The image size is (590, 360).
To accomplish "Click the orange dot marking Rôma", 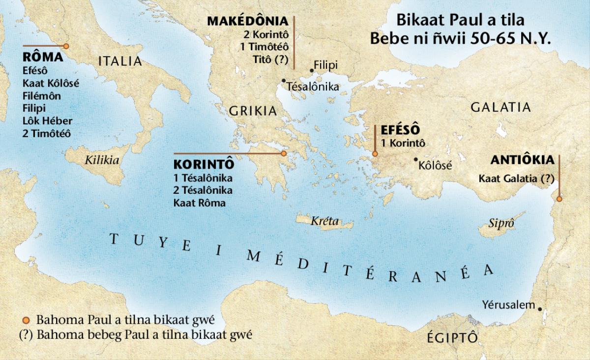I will point(66,46).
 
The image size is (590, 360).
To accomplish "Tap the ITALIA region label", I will point(120,61).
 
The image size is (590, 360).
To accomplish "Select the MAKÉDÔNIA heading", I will point(247,22).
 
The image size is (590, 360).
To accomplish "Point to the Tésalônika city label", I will point(313,87).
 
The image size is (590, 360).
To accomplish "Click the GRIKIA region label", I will point(253,111).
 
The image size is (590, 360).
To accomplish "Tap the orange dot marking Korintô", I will point(284,154).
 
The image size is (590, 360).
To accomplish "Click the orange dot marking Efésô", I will point(375,154).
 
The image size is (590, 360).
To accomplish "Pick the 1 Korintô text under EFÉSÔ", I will point(403,143).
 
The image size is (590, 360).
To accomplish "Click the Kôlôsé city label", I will point(435,166).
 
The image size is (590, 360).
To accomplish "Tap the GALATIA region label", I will point(501,107).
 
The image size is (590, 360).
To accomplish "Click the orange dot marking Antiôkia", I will point(559,199).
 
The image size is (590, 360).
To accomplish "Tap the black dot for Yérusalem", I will point(540,309).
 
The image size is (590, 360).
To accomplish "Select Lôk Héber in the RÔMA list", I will point(47,120).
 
